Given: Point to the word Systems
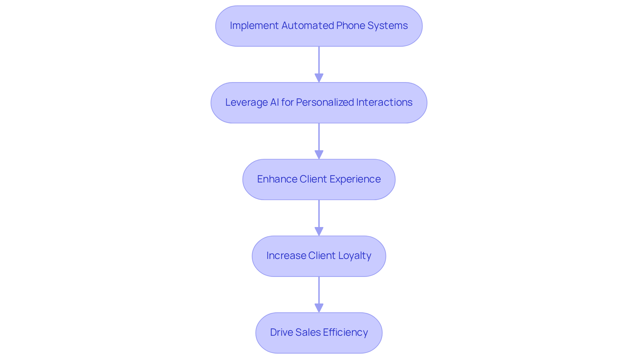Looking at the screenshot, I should [x=387, y=26].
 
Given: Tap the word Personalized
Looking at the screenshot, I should [x=325, y=102].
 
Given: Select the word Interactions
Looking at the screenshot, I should [x=384, y=102].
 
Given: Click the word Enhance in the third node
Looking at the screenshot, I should [x=277, y=179].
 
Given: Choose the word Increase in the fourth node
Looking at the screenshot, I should [x=286, y=256].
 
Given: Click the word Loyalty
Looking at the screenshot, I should [x=355, y=256].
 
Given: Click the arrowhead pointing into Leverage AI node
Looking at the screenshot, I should [x=319, y=78].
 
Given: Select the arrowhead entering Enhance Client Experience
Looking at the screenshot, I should [x=319, y=155].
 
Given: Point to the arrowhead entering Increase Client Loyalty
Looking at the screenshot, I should [x=319, y=231].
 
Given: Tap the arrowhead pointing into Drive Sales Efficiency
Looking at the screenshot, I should [x=319, y=308].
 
